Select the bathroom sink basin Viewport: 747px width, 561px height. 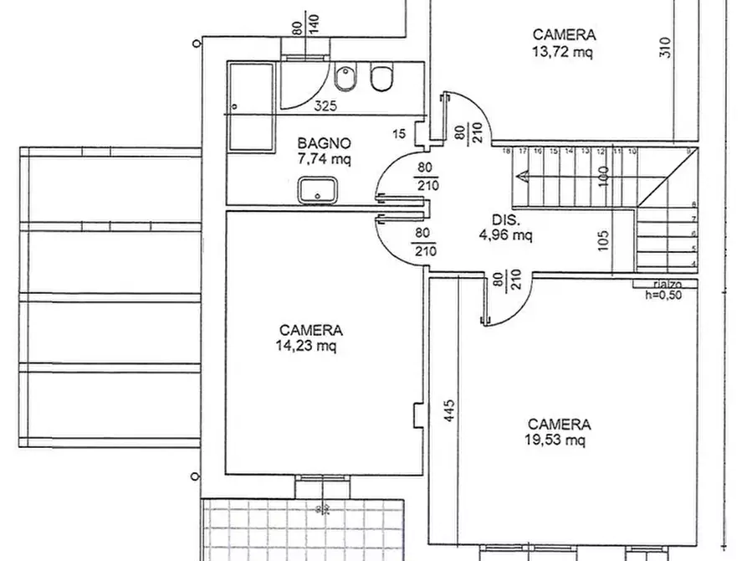(x=318, y=191)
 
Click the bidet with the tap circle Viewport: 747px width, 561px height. (x=344, y=80)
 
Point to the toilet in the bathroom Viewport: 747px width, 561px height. (x=381, y=79)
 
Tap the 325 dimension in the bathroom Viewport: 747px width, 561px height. (x=326, y=106)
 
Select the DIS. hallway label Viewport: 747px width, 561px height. (x=506, y=221)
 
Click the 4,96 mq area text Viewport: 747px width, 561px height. (x=505, y=235)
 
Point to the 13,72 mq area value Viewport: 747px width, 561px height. (x=564, y=50)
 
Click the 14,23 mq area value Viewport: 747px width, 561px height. (x=310, y=345)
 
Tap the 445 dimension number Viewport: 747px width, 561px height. (x=450, y=412)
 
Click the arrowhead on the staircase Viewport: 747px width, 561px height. (x=522, y=176)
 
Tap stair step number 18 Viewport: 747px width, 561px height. (x=507, y=152)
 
